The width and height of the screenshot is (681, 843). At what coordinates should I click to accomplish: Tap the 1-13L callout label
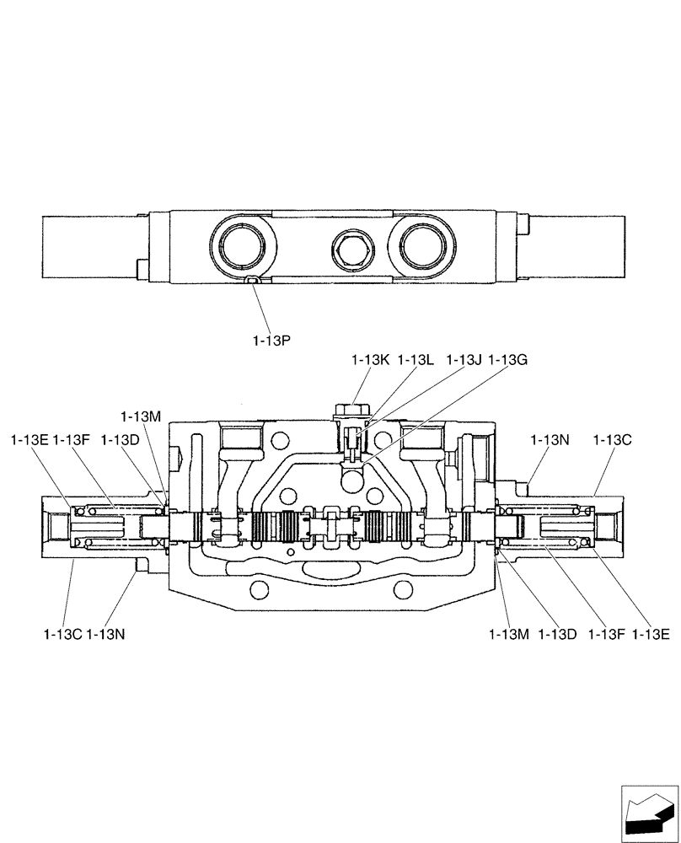pyautogui.click(x=416, y=360)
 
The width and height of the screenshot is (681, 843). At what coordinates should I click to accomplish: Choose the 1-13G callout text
pyautogui.click(x=508, y=360)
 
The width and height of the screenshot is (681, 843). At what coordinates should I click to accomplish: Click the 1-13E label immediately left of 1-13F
pyautogui.click(x=29, y=439)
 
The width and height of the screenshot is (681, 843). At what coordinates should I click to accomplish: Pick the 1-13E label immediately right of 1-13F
pyautogui.click(x=651, y=634)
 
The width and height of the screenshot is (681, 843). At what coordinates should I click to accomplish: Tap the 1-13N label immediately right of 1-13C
pyautogui.click(x=106, y=634)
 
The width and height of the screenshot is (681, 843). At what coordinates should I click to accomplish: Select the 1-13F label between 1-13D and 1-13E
pyautogui.click(x=607, y=634)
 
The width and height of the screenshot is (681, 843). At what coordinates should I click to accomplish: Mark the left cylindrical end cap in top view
pyautogui.click(x=88, y=246)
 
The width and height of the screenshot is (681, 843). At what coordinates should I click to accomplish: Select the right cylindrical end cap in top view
pyautogui.click(x=578, y=246)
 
